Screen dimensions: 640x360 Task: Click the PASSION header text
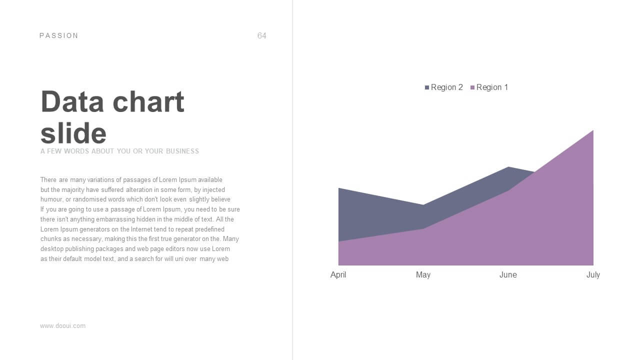click(x=58, y=35)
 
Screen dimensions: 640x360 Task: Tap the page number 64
click(x=261, y=35)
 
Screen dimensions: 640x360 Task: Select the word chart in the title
click(x=148, y=101)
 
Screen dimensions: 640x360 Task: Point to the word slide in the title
click(x=73, y=133)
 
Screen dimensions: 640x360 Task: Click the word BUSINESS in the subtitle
click(x=182, y=151)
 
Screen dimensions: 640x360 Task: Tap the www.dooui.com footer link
click(x=63, y=326)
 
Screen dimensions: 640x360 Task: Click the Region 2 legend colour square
click(x=427, y=87)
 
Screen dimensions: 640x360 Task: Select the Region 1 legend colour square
click(x=472, y=87)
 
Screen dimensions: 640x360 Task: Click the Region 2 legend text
click(x=447, y=87)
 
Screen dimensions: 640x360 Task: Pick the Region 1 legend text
click(x=492, y=87)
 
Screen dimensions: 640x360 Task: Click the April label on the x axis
click(x=338, y=275)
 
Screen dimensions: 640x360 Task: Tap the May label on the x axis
click(x=423, y=275)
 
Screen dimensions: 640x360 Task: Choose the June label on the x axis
click(x=508, y=275)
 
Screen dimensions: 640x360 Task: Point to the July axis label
click(x=593, y=275)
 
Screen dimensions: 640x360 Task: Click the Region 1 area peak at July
click(x=593, y=130)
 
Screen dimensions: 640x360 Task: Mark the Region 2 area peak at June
click(x=508, y=167)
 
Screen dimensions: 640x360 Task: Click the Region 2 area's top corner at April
click(x=339, y=188)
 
